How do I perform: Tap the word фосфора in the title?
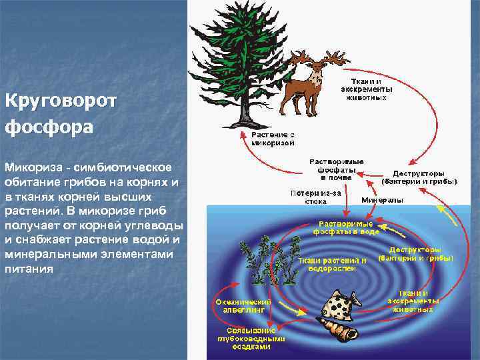tap(46, 126)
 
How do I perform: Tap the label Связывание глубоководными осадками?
tap(250, 338)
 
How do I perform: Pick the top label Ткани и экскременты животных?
tap(366, 89)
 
